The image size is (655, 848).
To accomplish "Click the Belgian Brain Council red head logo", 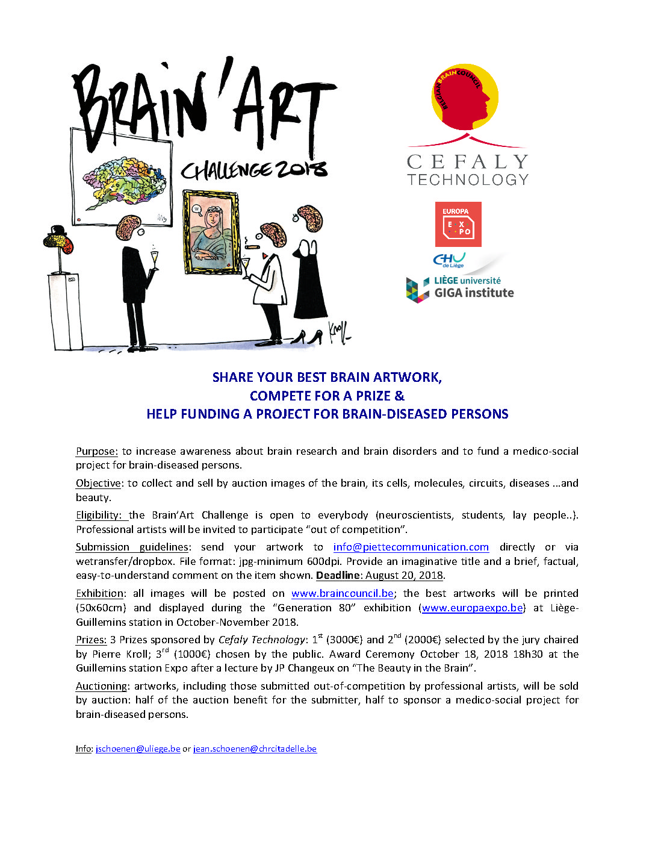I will pyautogui.click(x=464, y=97).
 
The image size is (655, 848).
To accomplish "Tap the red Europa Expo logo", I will pyautogui.click(x=458, y=224).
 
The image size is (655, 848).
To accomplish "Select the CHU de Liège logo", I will pyautogui.click(x=449, y=260).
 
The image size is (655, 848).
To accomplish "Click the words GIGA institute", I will pyautogui.click(x=474, y=293).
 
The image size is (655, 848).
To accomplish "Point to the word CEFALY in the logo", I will pyautogui.click(x=467, y=161).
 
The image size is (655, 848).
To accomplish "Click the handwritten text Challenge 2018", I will pyautogui.click(x=254, y=170).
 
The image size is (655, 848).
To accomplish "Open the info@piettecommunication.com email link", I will pyautogui.click(x=411, y=547).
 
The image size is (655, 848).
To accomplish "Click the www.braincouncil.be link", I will pyautogui.click(x=342, y=593).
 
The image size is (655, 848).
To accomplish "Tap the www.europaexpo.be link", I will pyautogui.click(x=472, y=608).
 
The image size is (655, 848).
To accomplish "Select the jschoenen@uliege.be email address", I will pyautogui.click(x=138, y=749).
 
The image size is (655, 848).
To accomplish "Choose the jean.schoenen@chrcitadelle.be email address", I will pyautogui.click(x=255, y=749).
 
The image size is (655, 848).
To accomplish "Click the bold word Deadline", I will pyautogui.click(x=338, y=575).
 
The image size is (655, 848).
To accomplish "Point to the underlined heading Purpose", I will pyautogui.click(x=96, y=451).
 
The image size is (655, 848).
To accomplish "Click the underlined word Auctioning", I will pyautogui.click(x=101, y=686).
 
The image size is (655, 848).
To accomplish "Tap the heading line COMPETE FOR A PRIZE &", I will pyautogui.click(x=327, y=396).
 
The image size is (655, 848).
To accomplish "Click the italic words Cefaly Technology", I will pyautogui.click(x=262, y=640).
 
